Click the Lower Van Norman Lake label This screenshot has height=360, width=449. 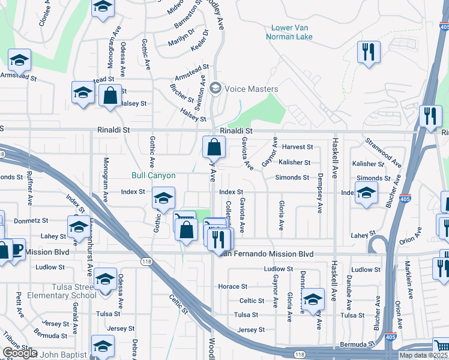292,32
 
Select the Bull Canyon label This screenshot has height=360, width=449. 154,175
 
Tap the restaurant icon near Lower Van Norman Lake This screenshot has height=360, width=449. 367,52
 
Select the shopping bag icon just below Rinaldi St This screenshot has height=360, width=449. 214,147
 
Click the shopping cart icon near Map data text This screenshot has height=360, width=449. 441,346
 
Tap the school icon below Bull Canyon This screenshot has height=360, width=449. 163,198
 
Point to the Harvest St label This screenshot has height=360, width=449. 298,147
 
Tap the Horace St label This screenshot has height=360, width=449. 233,287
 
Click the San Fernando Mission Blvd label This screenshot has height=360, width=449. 265,254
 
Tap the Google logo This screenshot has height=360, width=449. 20,353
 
